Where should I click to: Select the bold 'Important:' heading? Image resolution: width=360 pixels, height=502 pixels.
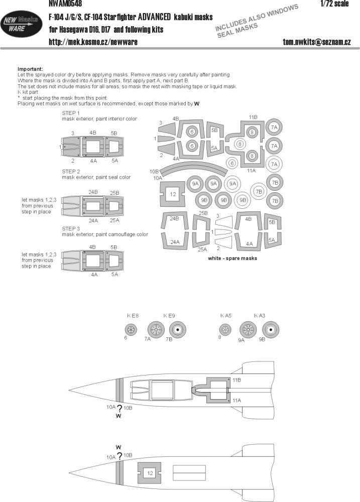[30, 68]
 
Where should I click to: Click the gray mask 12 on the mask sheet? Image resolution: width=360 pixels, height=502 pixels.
[172, 194]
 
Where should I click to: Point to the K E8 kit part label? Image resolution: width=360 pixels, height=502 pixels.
[132, 316]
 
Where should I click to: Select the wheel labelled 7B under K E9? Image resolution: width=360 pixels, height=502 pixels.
[177, 330]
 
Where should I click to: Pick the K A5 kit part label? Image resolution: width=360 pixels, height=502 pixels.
[225, 316]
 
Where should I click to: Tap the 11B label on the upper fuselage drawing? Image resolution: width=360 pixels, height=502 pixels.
[237, 382]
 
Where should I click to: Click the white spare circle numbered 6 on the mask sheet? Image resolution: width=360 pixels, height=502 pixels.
[231, 163]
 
